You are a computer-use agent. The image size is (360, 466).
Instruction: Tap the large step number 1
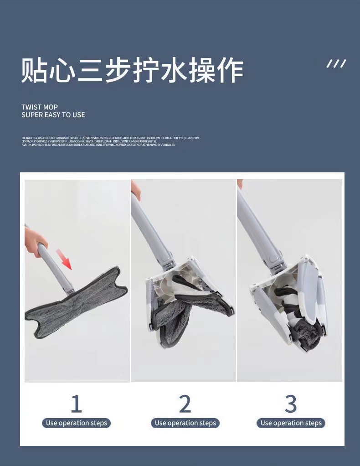[x=76, y=404]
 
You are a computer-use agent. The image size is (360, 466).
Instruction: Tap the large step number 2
[x=185, y=404]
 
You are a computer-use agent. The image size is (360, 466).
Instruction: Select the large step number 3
[x=291, y=404]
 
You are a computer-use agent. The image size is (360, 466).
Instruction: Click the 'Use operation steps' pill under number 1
[x=76, y=423]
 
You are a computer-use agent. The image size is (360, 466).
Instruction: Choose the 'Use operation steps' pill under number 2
[x=185, y=423]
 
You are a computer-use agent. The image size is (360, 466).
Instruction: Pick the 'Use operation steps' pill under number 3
[x=291, y=423]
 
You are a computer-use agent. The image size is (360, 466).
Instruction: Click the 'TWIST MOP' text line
[x=40, y=107]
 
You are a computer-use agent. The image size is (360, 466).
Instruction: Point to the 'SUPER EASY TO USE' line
[x=53, y=115]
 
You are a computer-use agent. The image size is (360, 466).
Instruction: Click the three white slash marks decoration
[x=336, y=64]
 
